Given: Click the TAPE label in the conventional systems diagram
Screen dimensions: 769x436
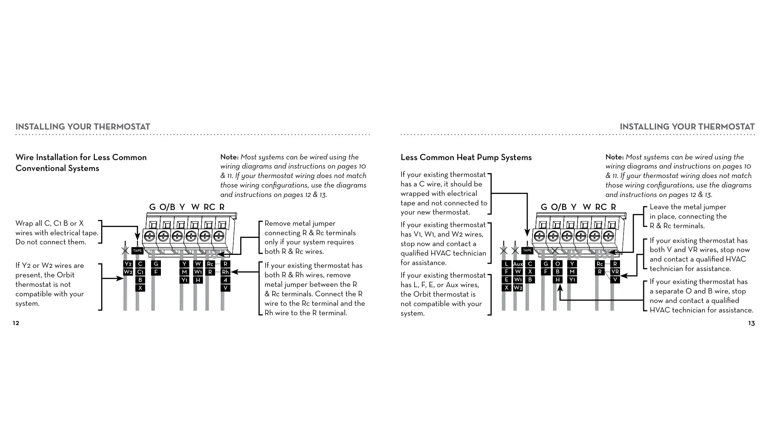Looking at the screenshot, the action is [x=137, y=251].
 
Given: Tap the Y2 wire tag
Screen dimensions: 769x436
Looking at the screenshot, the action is [x=128, y=264].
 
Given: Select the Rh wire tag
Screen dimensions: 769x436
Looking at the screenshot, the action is [x=226, y=272].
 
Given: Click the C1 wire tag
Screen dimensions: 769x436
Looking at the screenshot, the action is [x=140, y=272].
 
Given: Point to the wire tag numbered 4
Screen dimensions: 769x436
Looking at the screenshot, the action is [x=226, y=280].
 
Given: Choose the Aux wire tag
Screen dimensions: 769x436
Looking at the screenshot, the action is [x=518, y=264].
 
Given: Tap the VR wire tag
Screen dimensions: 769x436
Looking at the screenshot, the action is [x=615, y=272].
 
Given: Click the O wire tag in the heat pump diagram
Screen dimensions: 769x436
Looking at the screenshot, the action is [x=558, y=264].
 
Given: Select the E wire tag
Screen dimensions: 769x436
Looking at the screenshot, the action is [x=506, y=280].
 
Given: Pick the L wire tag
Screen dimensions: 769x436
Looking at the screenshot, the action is [x=506, y=264].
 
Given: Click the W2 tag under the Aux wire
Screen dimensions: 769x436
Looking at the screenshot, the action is [x=518, y=288].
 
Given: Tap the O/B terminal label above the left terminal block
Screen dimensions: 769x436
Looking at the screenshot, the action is [x=167, y=207].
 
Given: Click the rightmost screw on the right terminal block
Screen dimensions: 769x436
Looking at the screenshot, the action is [x=608, y=235].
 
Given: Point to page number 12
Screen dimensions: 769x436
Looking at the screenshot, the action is [x=16, y=323].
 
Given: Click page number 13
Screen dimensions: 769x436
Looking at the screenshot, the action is [x=751, y=323].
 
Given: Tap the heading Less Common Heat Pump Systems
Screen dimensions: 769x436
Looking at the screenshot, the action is [x=466, y=157].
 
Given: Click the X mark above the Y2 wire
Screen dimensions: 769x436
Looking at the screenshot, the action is [x=125, y=251].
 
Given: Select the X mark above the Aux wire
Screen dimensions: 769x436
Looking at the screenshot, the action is [x=515, y=251].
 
